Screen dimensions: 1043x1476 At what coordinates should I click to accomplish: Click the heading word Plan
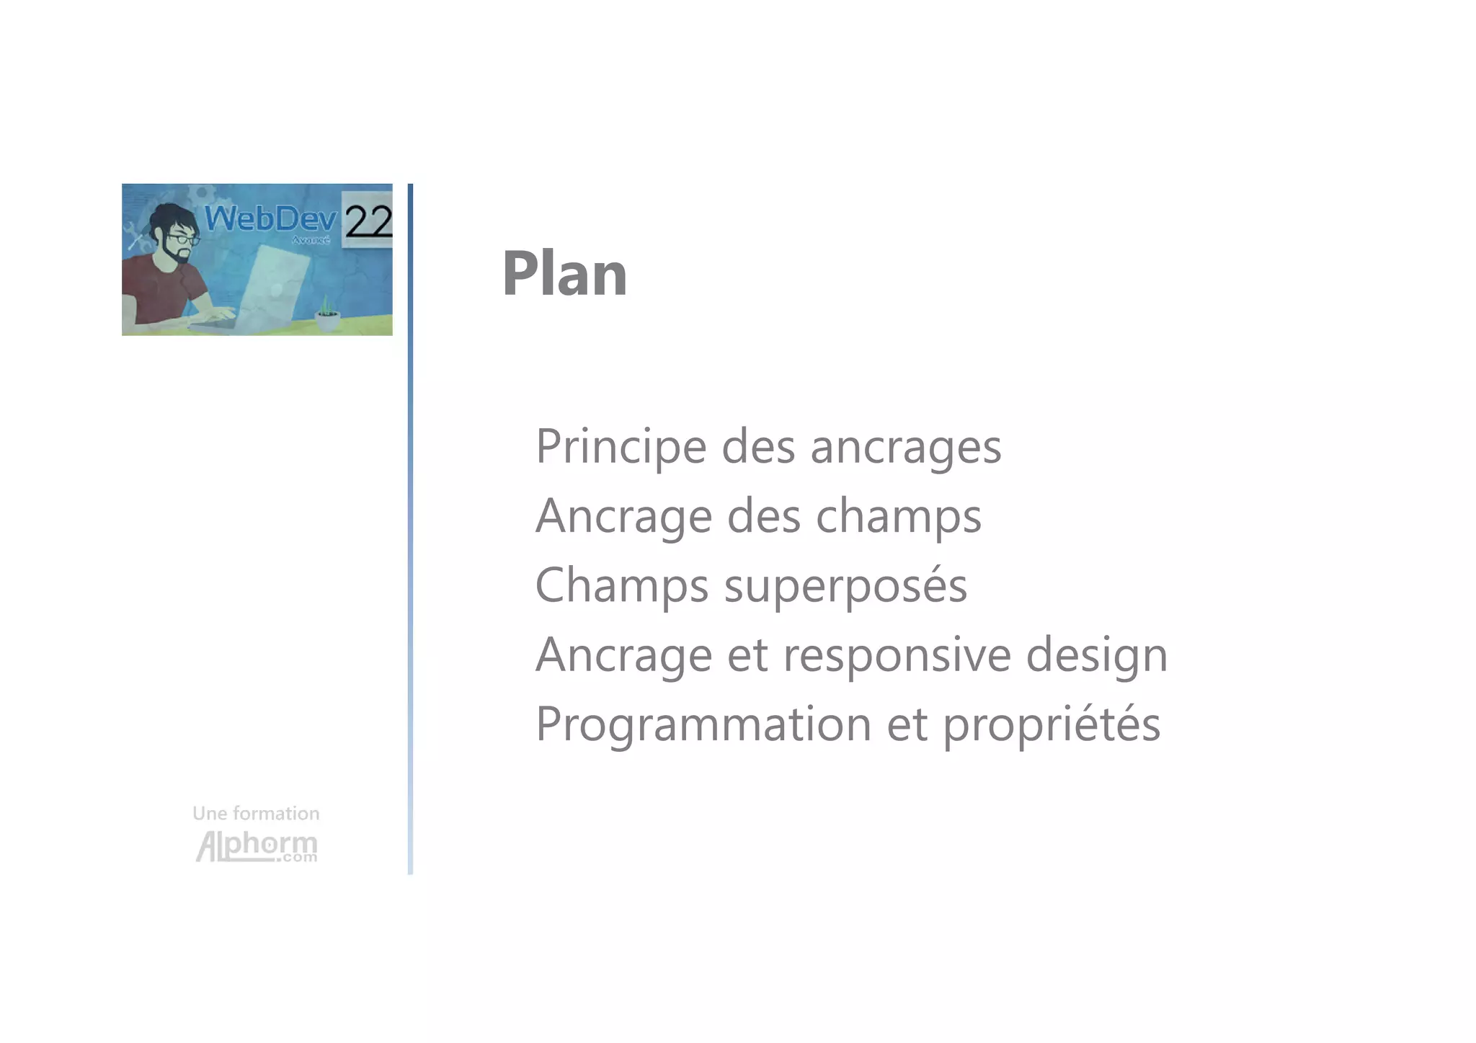(x=564, y=274)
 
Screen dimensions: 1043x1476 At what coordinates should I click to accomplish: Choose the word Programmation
(x=703, y=724)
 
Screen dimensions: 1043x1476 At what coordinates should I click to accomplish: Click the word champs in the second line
(x=898, y=517)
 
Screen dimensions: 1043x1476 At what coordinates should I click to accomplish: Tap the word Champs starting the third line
(x=621, y=585)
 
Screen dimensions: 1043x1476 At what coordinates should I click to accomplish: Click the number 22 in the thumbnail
(x=368, y=221)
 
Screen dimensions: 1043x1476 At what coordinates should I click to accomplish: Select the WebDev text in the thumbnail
(x=271, y=218)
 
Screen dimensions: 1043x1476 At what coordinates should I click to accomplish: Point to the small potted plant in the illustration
(x=327, y=315)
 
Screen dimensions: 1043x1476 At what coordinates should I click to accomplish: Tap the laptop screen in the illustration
(x=277, y=281)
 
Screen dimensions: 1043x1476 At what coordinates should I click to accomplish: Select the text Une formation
(x=256, y=814)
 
